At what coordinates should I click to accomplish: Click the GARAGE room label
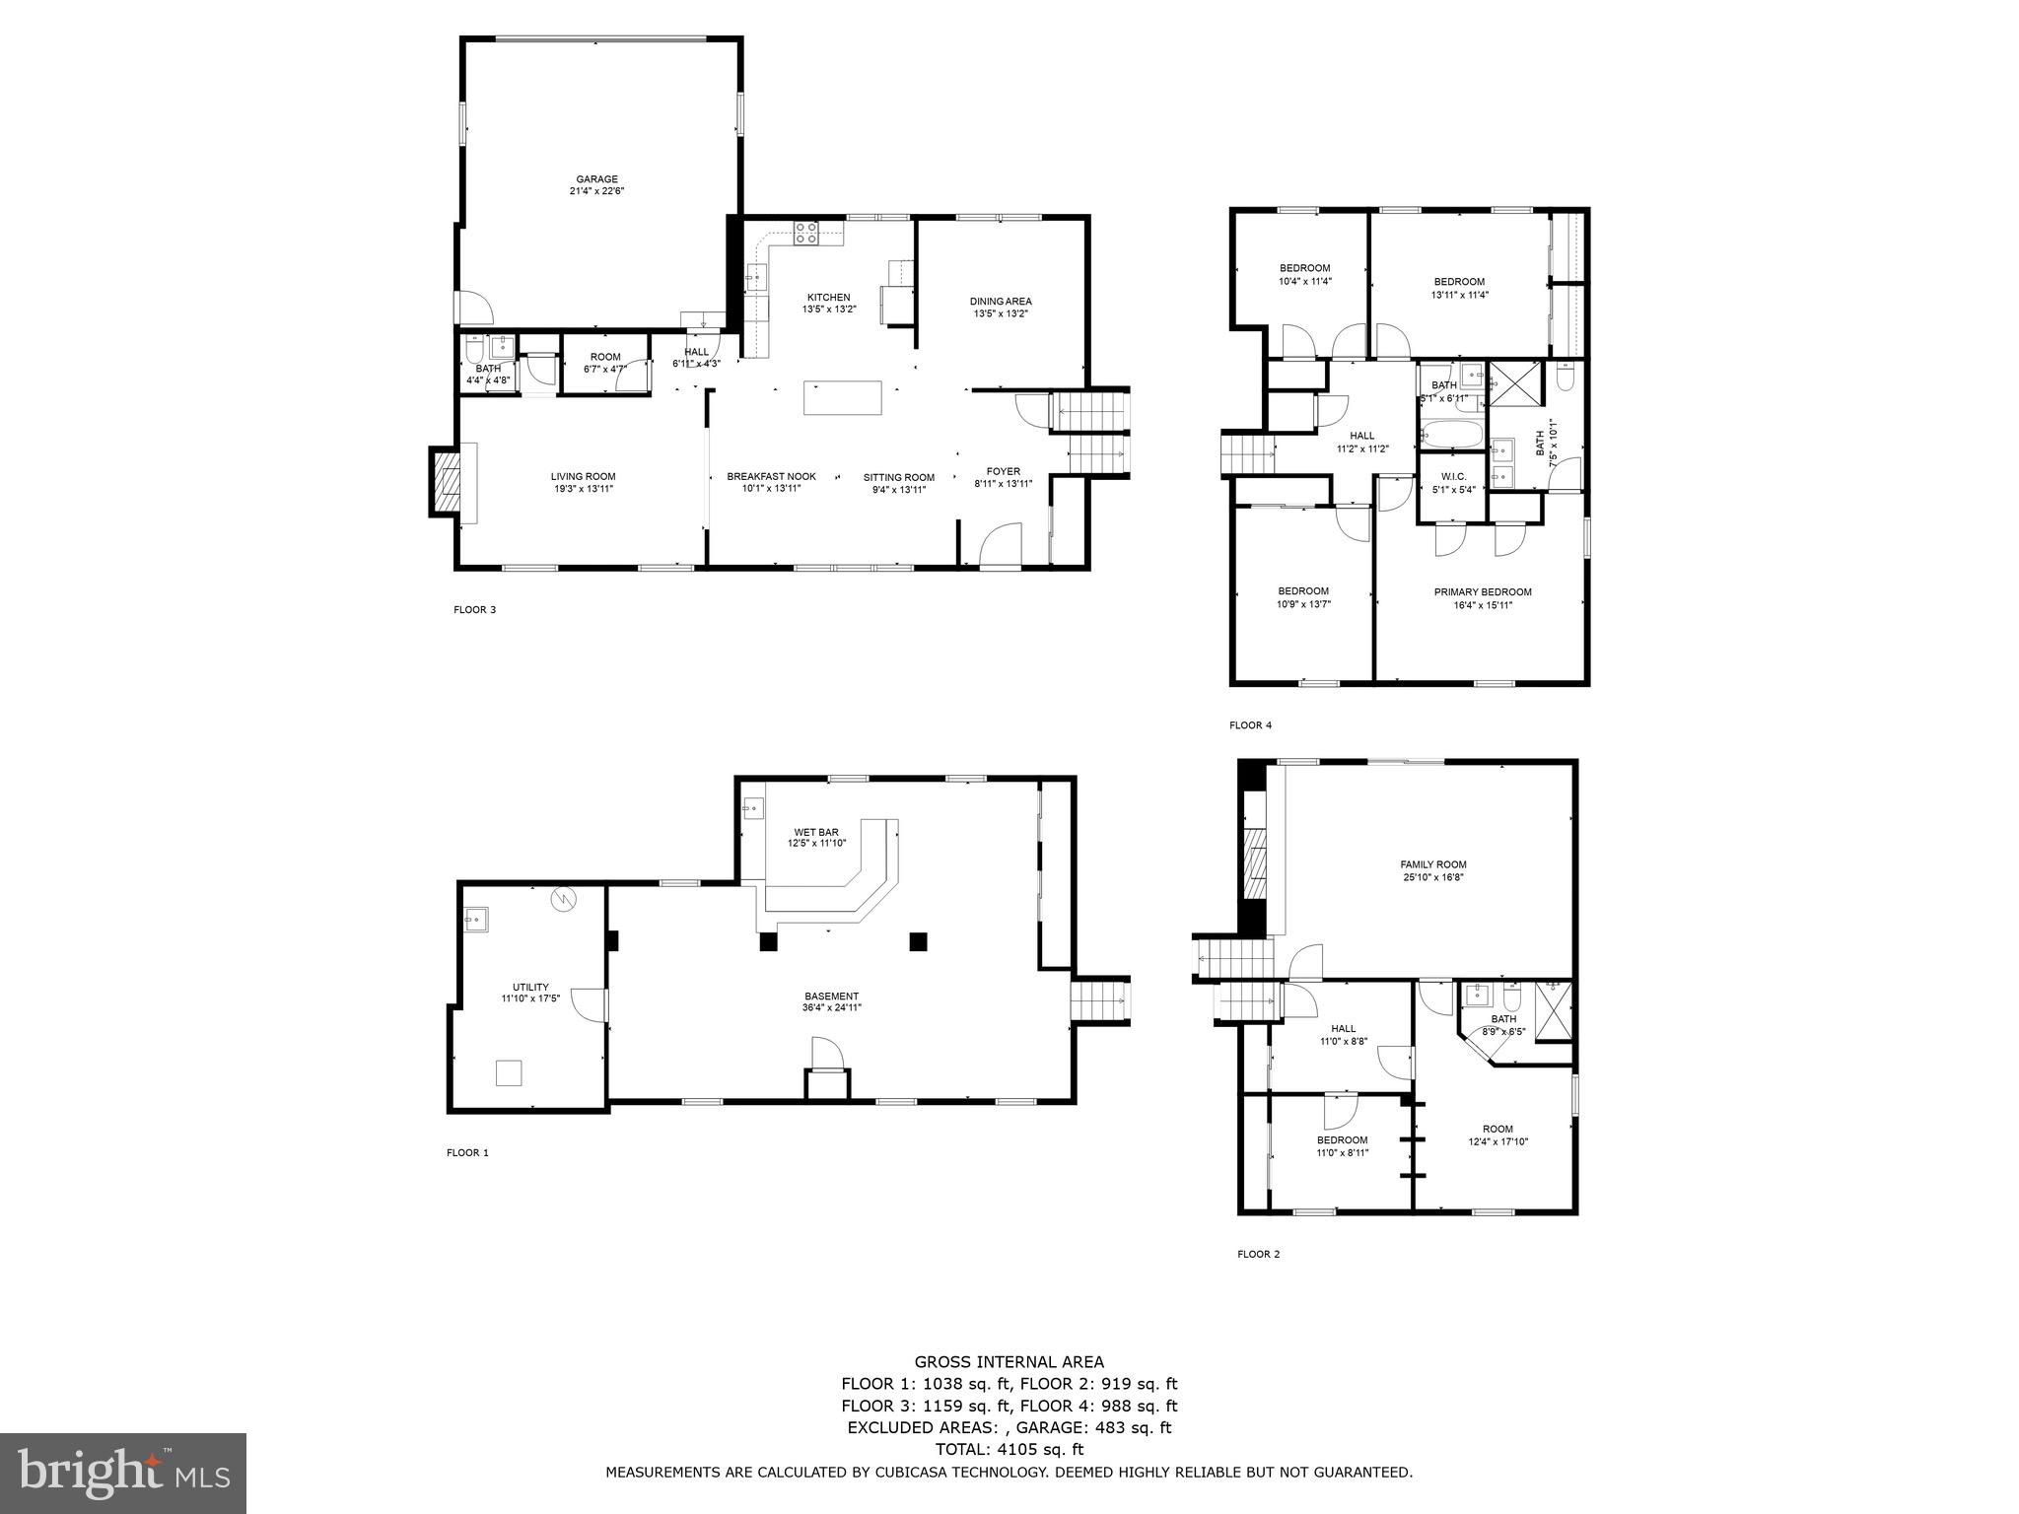click(596, 179)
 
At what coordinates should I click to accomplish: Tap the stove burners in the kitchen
click(805, 233)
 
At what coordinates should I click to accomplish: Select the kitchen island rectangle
click(843, 397)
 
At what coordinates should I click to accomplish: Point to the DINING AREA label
click(1001, 302)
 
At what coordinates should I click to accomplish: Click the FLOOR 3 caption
click(474, 610)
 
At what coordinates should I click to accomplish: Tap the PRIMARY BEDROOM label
click(1482, 592)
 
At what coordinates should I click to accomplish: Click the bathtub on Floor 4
click(1450, 434)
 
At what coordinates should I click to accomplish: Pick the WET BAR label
click(816, 832)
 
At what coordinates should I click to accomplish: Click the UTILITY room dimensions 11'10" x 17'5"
click(530, 999)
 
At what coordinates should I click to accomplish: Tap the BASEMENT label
click(831, 996)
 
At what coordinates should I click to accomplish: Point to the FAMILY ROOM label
click(1433, 864)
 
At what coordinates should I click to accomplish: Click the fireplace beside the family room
click(1255, 861)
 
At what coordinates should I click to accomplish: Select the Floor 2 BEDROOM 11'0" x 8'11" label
click(1342, 1140)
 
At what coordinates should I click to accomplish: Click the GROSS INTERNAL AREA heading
click(1009, 1362)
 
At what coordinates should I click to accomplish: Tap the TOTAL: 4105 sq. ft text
click(1009, 1449)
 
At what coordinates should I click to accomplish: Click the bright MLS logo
click(123, 1474)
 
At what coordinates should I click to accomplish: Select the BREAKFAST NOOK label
click(771, 476)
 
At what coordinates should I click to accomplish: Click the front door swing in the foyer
click(1004, 544)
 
